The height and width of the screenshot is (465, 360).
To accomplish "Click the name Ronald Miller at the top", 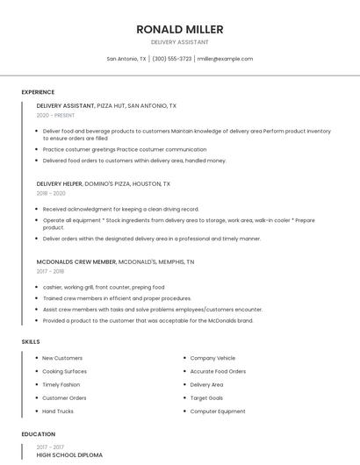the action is pyautogui.click(x=179, y=29).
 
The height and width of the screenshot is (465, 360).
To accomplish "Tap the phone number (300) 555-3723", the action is pyautogui.click(x=172, y=59).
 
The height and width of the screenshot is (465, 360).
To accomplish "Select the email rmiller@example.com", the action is pyautogui.click(x=225, y=59).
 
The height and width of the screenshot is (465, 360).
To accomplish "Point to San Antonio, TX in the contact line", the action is pyautogui.click(x=126, y=59).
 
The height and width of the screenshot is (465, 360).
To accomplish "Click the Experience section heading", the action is pyautogui.click(x=38, y=92).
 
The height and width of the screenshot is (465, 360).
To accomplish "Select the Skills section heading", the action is pyautogui.click(x=31, y=341).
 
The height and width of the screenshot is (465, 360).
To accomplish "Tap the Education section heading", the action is pyautogui.click(x=38, y=434).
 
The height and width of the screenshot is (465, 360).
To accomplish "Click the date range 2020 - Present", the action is pyautogui.click(x=55, y=115).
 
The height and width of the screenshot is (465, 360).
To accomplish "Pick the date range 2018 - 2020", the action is pyautogui.click(x=51, y=193).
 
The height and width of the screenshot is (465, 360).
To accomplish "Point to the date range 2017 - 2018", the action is pyautogui.click(x=51, y=271).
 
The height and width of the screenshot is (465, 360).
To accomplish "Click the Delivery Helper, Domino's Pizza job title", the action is pyautogui.click(x=104, y=184).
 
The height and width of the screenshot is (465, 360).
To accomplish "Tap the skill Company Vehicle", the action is pyautogui.click(x=212, y=358).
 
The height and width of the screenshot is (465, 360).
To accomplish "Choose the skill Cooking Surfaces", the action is pyautogui.click(x=64, y=371).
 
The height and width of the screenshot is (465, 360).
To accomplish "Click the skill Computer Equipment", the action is pyautogui.click(x=218, y=411).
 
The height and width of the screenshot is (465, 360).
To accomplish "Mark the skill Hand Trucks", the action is pyautogui.click(x=58, y=411).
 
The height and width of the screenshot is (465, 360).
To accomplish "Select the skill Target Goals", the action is pyautogui.click(x=206, y=398).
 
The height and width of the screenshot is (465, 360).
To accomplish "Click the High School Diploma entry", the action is pyautogui.click(x=69, y=455).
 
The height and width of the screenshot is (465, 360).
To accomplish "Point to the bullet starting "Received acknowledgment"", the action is pyautogui.click(x=120, y=210).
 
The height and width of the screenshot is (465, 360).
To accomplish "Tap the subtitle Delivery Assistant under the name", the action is pyautogui.click(x=179, y=41).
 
